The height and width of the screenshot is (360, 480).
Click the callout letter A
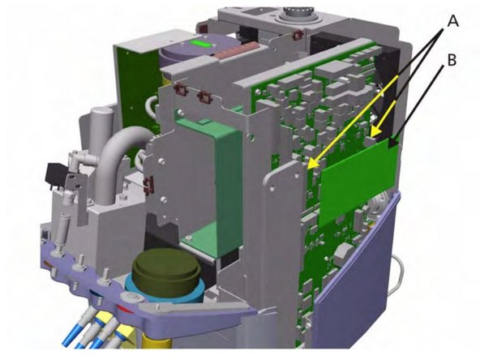(x=453, y=21)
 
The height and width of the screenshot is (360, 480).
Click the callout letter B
(x=452, y=60)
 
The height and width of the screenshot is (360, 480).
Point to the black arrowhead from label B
(x=393, y=143)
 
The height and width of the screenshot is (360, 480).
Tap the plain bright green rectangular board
(x=358, y=182)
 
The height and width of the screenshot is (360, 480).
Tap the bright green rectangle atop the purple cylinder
(x=199, y=45)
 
